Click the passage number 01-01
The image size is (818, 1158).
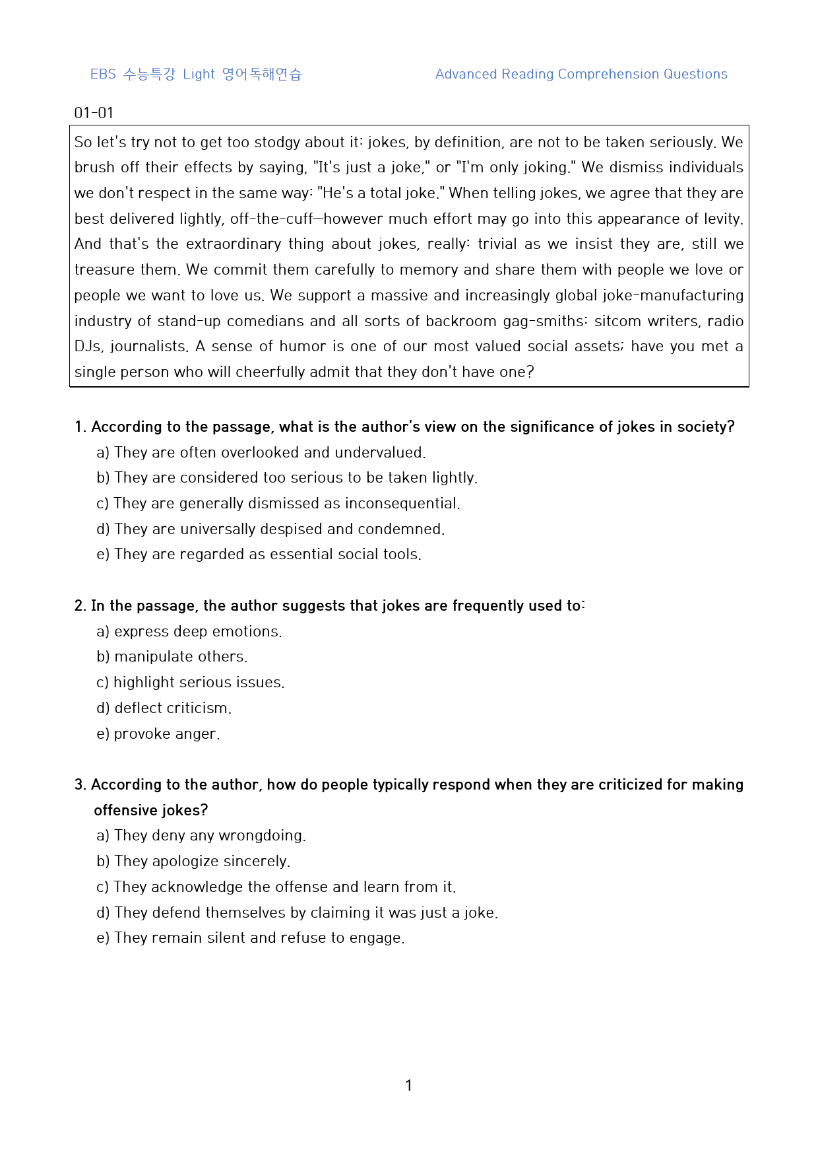(94, 113)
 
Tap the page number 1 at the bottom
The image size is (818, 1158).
(408, 1085)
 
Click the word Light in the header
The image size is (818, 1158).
(199, 74)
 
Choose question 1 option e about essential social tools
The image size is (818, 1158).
(259, 554)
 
